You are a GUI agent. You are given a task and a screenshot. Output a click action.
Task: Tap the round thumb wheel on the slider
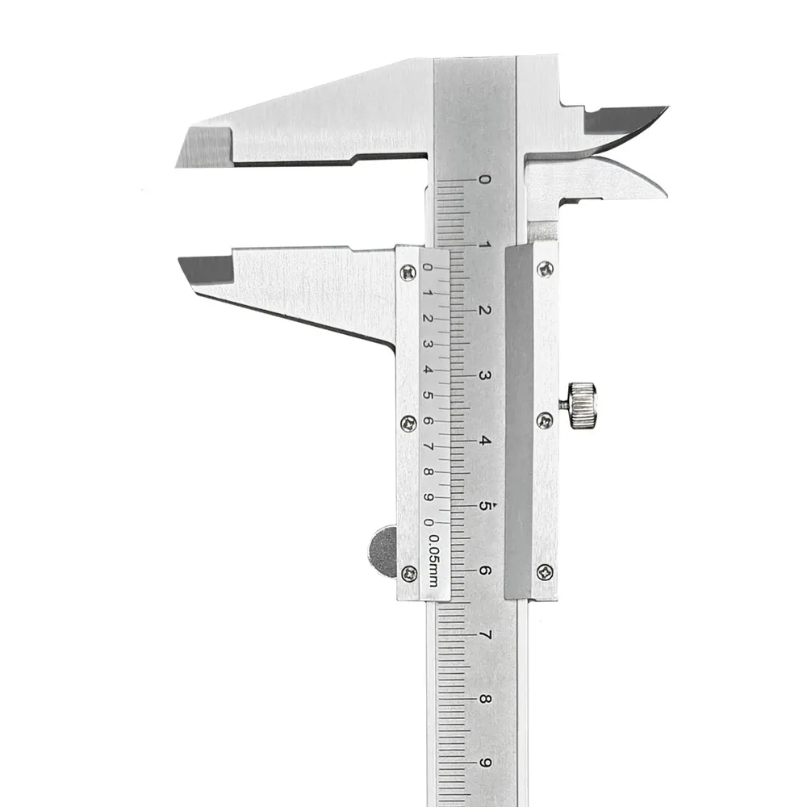pos(383,551)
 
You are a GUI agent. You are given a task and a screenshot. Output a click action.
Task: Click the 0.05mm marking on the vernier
pos(434,561)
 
